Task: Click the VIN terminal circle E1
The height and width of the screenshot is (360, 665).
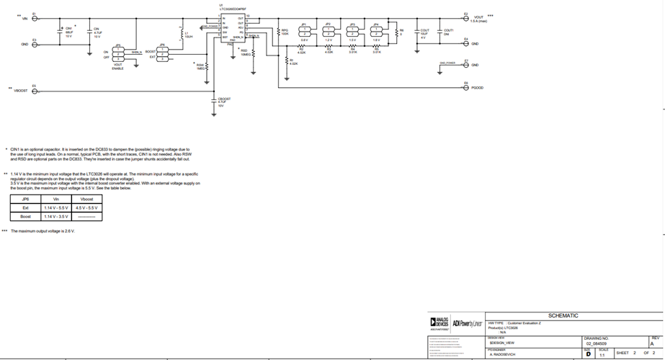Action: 35,18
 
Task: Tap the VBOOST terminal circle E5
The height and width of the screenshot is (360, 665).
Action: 35,90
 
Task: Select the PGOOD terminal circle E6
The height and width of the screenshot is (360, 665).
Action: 465,87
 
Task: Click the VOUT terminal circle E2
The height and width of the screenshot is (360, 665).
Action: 465,18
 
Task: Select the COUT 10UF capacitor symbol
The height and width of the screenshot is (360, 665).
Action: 417,32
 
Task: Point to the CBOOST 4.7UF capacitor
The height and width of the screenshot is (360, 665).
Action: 214,102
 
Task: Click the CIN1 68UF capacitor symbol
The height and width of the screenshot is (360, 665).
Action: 60,31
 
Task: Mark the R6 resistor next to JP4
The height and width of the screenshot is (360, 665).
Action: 395,32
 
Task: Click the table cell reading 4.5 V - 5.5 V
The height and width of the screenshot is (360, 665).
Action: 86,207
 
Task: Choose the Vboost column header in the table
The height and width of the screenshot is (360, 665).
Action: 86,199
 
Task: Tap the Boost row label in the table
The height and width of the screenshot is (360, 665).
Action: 25,216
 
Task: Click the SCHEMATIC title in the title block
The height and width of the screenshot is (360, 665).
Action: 563,315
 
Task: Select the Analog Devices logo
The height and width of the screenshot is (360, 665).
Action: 439,323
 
